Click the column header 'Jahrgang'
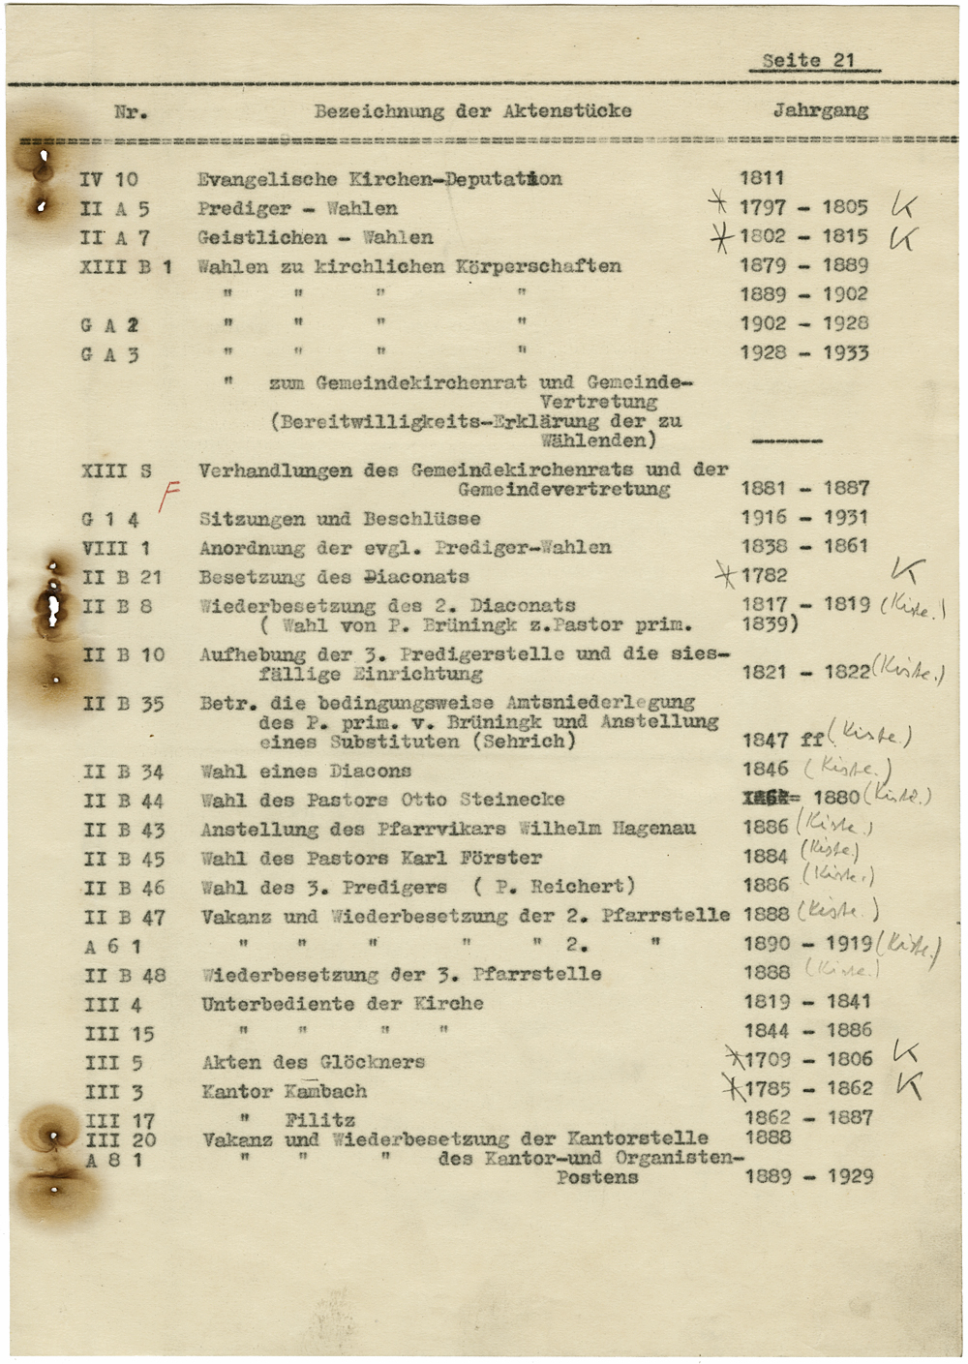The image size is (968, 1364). pyautogui.click(x=820, y=110)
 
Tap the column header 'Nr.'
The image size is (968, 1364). pyautogui.click(x=131, y=112)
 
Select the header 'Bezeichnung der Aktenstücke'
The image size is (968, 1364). pyautogui.click(x=472, y=111)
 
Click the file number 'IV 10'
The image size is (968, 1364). pyautogui.click(x=108, y=179)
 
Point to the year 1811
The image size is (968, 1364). pyautogui.click(x=762, y=178)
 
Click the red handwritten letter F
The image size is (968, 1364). pyautogui.click(x=169, y=497)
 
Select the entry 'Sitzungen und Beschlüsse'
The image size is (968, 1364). pyautogui.click(x=339, y=518)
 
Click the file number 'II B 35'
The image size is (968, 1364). pyautogui.click(x=123, y=704)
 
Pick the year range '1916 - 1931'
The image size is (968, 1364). pyautogui.click(x=804, y=518)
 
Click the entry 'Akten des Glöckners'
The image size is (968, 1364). pyautogui.click(x=313, y=1062)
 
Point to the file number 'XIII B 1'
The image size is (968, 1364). pyautogui.click(x=126, y=266)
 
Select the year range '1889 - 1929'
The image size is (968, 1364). pyautogui.click(x=808, y=1177)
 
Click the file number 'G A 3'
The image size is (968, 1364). pyautogui.click(x=109, y=354)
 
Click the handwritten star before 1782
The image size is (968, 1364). pyautogui.click(x=724, y=576)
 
